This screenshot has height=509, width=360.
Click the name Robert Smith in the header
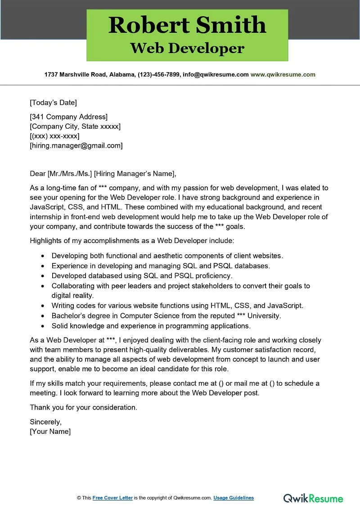click(x=187, y=25)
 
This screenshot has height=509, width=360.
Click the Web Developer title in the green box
click(x=187, y=48)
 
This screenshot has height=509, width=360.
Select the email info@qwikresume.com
click(x=215, y=75)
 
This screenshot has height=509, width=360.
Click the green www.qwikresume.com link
click(x=283, y=75)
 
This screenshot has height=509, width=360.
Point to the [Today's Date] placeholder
click(x=53, y=102)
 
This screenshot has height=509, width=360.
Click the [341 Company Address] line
click(x=68, y=117)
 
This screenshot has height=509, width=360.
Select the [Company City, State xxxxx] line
click(x=75, y=126)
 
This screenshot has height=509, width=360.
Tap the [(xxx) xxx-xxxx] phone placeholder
click(x=54, y=136)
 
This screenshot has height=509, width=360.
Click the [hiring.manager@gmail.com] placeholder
click(x=76, y=145)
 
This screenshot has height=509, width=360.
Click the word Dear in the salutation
click(x=37, y=174)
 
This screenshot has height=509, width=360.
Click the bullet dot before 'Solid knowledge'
click(x=43, y=326)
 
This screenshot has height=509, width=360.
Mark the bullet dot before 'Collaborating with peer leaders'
click(x=43, y=286)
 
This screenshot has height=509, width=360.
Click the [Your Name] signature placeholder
click(x=50, y=431)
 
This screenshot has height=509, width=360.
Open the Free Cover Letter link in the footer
click(x=112, y=498)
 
